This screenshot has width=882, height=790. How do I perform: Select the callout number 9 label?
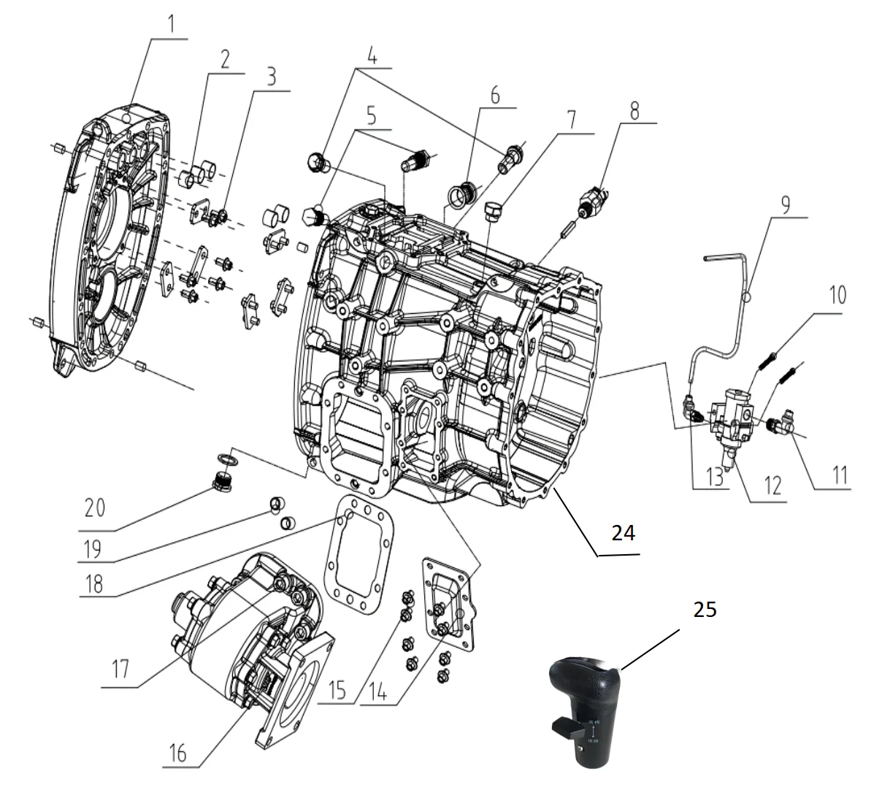785,204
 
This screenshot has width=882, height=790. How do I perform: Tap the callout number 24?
623,534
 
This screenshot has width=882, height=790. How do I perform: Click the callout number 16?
179,752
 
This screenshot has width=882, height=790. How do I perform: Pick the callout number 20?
95,507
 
